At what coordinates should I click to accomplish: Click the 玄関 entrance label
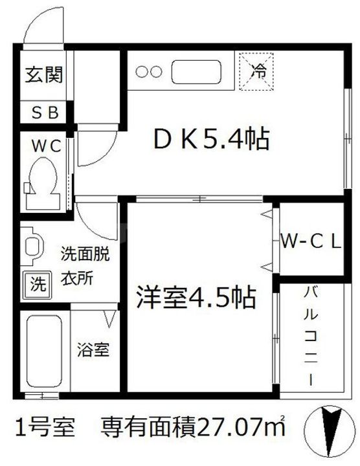(x=44, y=76)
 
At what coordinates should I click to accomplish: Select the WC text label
(x=43, y=146)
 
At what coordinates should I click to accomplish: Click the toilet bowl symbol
(x=44, y=181)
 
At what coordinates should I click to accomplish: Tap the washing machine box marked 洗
(x=39, y=283)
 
